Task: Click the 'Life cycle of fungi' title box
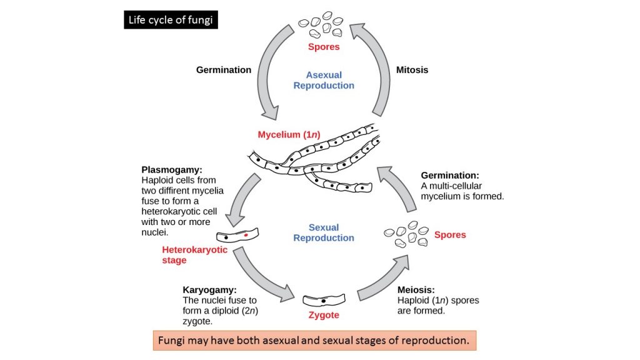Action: tap(171, 20)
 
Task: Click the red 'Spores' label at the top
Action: tap(324, 47)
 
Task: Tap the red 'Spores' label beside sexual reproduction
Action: tap(450, 235)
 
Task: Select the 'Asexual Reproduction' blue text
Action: tap(324, 81)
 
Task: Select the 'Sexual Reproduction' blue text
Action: tap(324, 232)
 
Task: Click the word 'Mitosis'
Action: tap(412, 69)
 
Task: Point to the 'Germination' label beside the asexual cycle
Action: tap(224, 69)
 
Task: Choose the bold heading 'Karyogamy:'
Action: tap(209, 290)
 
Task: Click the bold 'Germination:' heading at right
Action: tap(450, 176)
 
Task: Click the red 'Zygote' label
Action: tap(324, 315)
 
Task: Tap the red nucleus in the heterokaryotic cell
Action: tap(246, 236)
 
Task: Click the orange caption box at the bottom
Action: tap(314, 341)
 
